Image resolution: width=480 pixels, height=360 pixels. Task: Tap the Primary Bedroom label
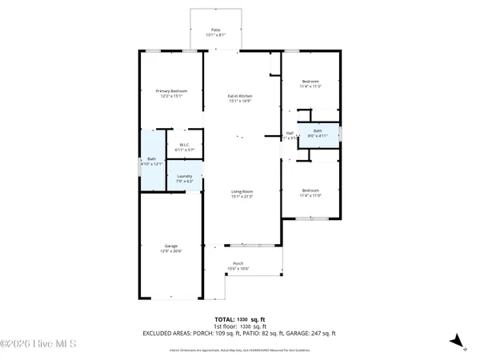pos(171,91)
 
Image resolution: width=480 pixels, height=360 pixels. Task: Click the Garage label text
pos(171,246)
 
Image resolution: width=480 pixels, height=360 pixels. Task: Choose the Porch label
pos(238,264)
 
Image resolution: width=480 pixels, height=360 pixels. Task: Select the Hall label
pos(290,133)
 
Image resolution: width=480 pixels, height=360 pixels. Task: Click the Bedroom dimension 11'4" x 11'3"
pos(310,86)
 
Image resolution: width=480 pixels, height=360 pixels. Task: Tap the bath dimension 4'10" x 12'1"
pos(152,164)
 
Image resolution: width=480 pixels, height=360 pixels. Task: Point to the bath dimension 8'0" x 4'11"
pos(318,135)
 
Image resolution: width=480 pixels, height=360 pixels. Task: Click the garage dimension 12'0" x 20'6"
pos(171,251)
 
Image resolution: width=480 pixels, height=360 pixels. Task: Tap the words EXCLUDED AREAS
pos(170,333)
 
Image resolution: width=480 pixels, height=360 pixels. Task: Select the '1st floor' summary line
pos(240,326)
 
